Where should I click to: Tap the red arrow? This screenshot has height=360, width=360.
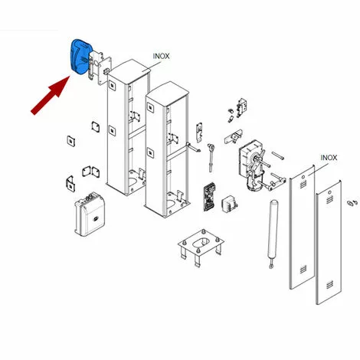[x=51, y=95]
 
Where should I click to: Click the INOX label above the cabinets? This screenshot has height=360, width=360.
[x=161, y=56]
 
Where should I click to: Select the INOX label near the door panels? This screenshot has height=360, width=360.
[x=329, y=158]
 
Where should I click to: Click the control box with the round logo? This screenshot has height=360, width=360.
[x=90, y=214]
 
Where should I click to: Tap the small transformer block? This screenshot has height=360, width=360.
[x=229, y=204]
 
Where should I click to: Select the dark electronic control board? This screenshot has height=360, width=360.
[x=210, y=197]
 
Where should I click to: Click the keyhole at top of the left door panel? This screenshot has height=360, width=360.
[x=303, y=177]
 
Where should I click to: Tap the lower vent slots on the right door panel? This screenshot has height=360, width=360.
[x=329, y=284]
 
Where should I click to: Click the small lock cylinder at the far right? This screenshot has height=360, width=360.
[x=352, y=203]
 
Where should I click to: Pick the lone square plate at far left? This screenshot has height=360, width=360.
[x=71, y=141]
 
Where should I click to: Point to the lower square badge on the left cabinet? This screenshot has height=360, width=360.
[x=112, y=130]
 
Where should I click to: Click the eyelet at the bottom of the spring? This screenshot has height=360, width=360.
[x=271, y=267]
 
